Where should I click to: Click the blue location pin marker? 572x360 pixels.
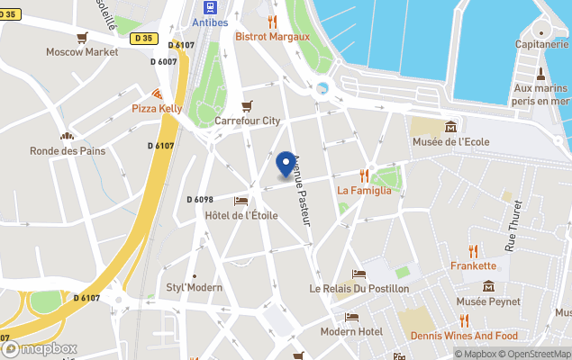click(x=286, y=164)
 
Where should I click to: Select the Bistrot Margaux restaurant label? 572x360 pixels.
click(x=272, y=36)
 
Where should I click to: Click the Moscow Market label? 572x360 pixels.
click(x=83, y=51)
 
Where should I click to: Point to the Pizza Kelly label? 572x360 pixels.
click(x=157, y=108)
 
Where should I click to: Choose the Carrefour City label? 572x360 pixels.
click(x=247, y=120)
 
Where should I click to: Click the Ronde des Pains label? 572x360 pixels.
click(x=67, y=150)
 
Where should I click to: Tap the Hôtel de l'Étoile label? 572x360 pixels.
click(x=241, y=214)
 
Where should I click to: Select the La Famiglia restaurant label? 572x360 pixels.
click(x=364, y=190)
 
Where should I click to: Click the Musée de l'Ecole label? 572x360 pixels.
click(x=450, y=142)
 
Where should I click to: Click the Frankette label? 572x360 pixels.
click(x=473, y=265)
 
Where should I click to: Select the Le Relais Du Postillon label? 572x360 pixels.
click(x=359, y=288)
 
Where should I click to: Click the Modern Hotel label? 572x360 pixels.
click(x=351, y=331)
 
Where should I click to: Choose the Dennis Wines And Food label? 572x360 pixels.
click(x=464, y=336)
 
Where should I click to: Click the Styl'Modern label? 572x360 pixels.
click(x=194, y=287)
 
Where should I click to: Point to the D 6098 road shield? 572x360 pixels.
click(x=200, y=199)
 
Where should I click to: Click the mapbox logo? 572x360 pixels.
click(x=41, y=348)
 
